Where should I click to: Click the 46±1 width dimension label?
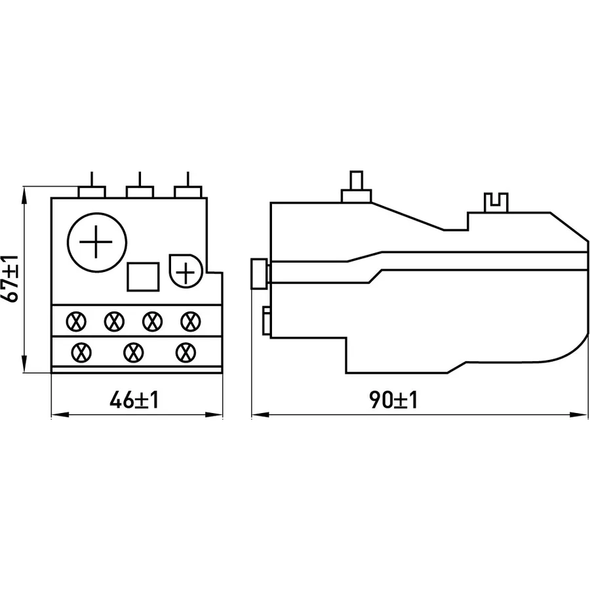[134, 400]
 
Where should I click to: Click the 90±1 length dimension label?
[393, 400]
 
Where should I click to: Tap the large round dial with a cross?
[97, 243]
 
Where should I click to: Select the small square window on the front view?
[143, 277]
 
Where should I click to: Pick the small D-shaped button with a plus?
[186, 271]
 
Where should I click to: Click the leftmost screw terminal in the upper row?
[76, 321]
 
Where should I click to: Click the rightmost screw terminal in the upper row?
[190, 321]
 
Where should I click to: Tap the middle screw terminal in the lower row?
[134, 353]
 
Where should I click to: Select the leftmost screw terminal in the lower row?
[81, 353]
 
